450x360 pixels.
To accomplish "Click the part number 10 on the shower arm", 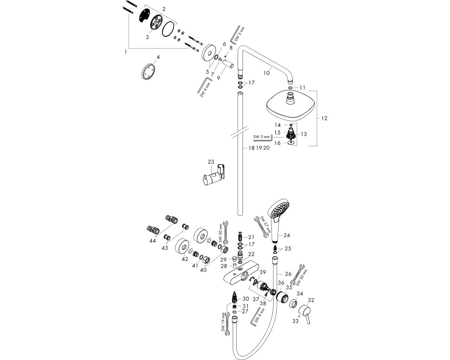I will [x=266, y=73].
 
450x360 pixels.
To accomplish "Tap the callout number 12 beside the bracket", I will [x=324, y=118].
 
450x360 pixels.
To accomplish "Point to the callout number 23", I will [x=211, y=162].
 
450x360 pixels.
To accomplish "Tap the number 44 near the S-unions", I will [x=153, y=241].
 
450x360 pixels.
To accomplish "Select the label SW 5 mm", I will [x=261, y=137].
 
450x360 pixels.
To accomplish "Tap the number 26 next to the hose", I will [x=288, y=274].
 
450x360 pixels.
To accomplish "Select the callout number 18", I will [x=251, y=148].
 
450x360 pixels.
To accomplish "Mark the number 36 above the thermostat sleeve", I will [x=281, y=283].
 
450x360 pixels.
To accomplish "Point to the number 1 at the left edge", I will [x=126, y=52].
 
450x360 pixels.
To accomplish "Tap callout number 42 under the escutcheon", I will [x=185, y=259].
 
